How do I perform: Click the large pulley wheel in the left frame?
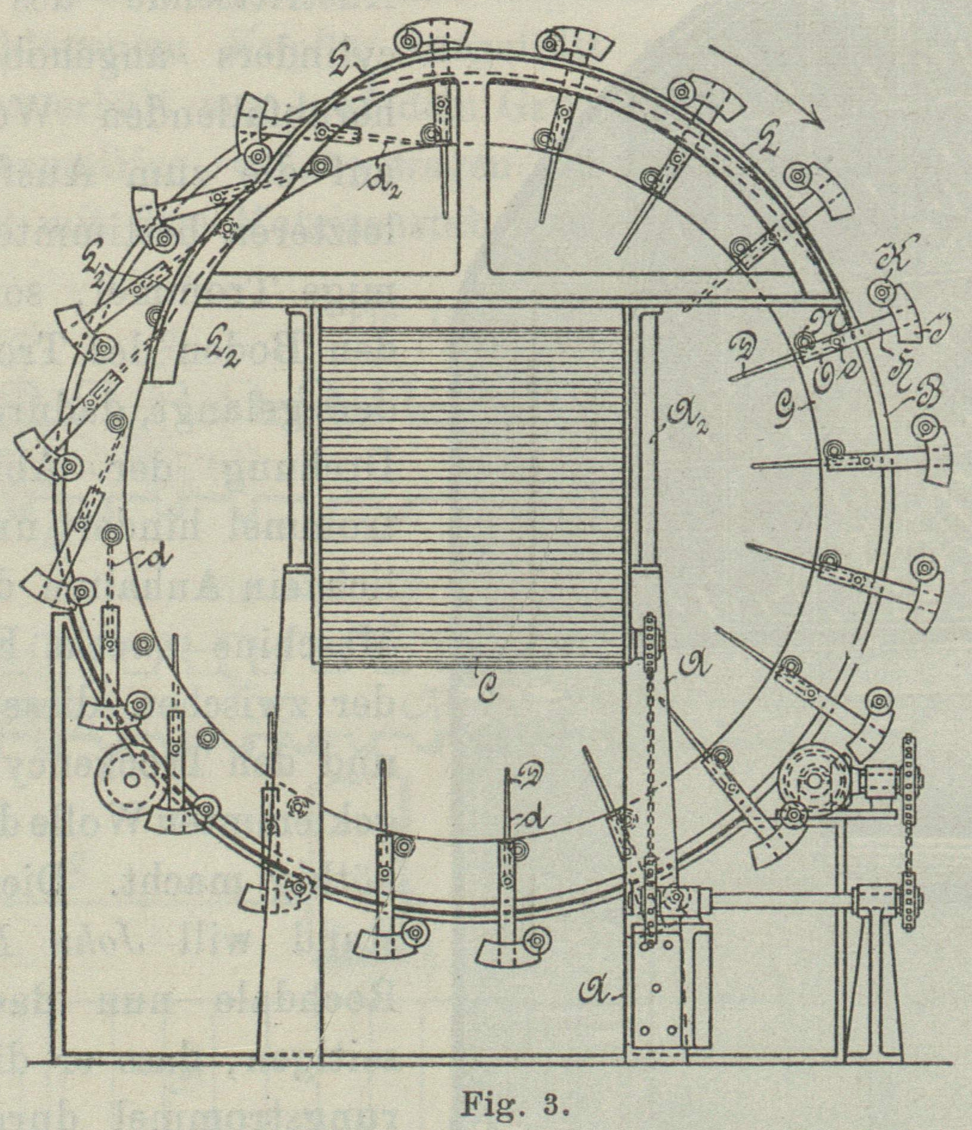[x=130, y=779]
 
